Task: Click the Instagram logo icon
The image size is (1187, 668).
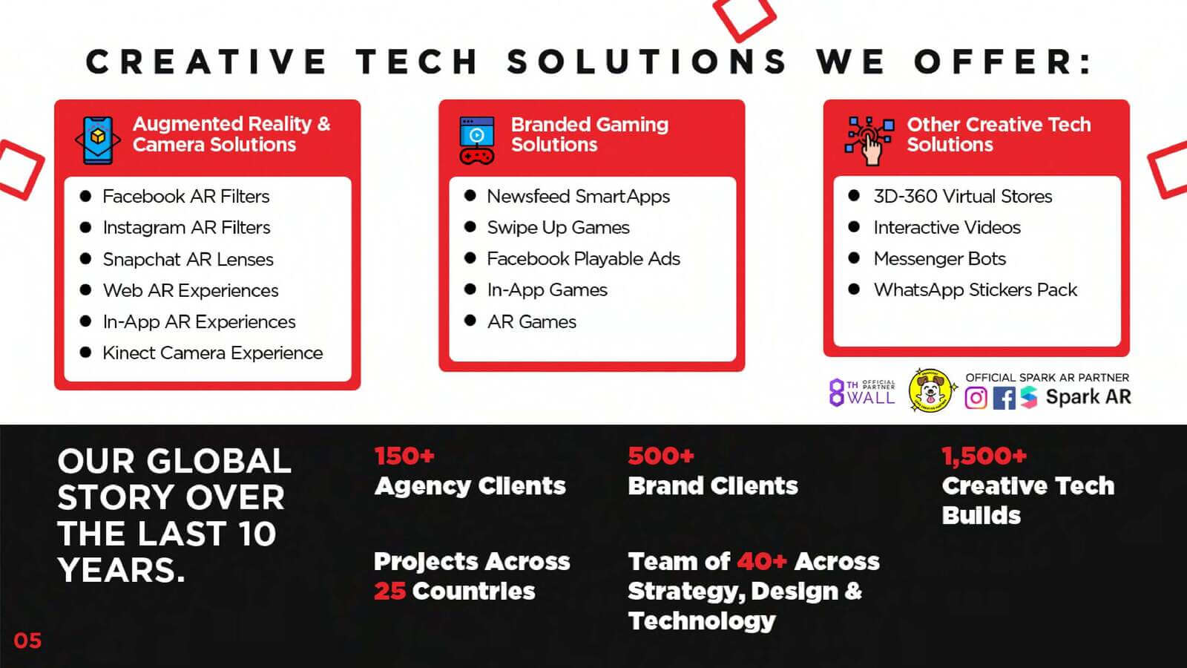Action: tap(976, 398)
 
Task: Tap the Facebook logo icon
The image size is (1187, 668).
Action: tap(1004, 398)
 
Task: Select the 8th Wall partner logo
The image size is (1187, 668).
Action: tap(862, 393)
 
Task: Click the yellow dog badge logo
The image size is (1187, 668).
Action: tap(931, 390)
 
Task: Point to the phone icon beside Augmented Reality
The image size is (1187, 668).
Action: tap(98, 140)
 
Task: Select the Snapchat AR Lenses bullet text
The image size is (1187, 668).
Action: tap(188, 259)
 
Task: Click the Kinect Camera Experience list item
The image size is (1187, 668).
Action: tap(212, 353)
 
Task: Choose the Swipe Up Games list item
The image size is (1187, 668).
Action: tap(558, 228)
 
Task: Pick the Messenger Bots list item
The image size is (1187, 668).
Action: tap(939, 259)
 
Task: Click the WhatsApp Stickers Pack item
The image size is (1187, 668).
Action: tap(975, 290)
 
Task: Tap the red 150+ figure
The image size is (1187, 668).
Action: tap(404, 456)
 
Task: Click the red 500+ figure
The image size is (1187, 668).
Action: tap(661, 456)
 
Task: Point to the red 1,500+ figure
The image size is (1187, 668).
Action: tap(984, 456)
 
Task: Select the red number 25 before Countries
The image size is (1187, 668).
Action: tap(390, 591)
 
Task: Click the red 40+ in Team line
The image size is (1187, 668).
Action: tap(762, 561)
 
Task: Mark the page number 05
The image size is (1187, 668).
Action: tap(27, 641)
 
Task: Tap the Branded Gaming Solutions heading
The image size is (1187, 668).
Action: tap(590, 134)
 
